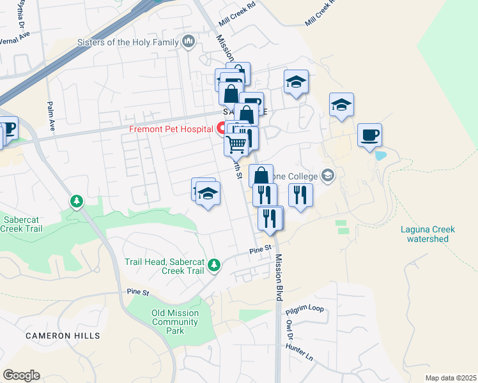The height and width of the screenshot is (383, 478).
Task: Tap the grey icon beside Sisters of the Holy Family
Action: tap(188, 43)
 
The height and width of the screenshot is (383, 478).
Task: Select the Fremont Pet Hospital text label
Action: tap(171, 129)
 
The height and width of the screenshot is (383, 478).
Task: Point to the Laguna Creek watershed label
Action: tap(428, 234)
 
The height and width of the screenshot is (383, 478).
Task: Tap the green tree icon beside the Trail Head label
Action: tap(215, 264)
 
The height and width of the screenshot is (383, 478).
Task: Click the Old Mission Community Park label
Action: tap(175, 322)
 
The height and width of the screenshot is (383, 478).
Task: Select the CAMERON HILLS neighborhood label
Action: tap(63, 335)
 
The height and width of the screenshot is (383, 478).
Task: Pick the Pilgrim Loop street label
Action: tap(305, 309)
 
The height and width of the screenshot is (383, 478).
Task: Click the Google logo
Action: tap(21, 375)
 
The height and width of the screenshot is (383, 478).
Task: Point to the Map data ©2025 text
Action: tap(451, 378)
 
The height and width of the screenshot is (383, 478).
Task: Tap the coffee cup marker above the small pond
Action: tap(369, 135)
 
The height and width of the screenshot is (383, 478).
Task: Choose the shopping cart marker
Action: tap(236, 146)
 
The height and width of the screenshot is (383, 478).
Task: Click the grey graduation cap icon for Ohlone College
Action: tap(328, 175)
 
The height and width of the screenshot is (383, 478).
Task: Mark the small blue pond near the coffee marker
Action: tap(382, 155)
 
